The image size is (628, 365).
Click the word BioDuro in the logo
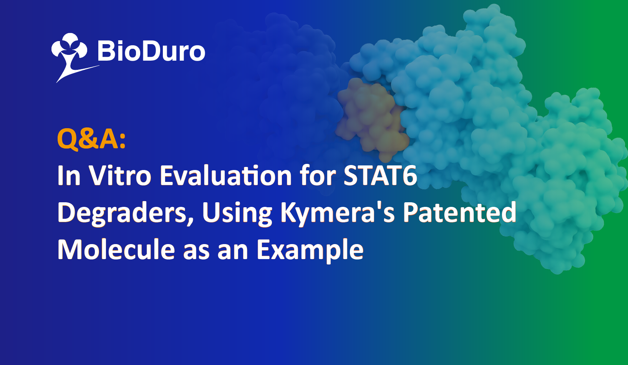coord(151,51)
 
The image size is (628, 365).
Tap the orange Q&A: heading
coord(91,139)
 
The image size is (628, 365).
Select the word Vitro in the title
coord(120,175)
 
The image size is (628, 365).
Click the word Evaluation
coord(226,175)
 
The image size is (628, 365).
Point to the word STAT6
coord(380,175)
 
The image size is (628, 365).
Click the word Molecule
coord(116,249)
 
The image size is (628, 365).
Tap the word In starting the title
coord(69,175)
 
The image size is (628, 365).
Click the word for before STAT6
coord(318,175)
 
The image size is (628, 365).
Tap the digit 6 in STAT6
coord(410,176)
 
